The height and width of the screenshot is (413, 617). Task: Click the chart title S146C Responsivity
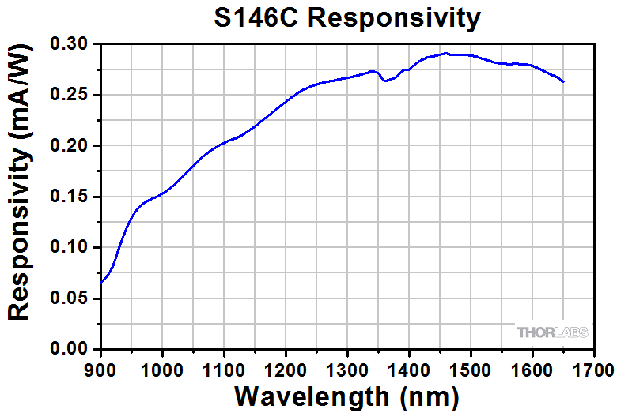tap(347, 17)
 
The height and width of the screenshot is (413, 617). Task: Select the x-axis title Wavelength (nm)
tap(346, 394)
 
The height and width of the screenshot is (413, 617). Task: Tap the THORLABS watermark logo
tap(552, 332)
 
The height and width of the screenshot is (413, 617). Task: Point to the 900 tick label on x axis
tap(100, 367)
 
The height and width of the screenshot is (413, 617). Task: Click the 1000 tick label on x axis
tap(162, 367)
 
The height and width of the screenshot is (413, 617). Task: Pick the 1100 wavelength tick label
tap(224, 367)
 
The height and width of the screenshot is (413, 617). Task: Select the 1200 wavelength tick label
tap(286, 367)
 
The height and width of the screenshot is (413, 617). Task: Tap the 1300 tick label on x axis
tap(347, 367)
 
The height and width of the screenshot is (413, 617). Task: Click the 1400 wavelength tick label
tap(409, 367)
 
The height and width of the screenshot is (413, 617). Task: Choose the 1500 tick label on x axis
tap(471, 367)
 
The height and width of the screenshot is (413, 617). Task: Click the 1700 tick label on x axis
tap(592, 367)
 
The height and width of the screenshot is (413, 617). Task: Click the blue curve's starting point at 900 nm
tap(101, 282)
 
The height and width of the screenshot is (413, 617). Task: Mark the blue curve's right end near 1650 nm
tap(563, 81)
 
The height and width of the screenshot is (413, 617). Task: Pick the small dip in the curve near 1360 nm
tap(384, 81)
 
